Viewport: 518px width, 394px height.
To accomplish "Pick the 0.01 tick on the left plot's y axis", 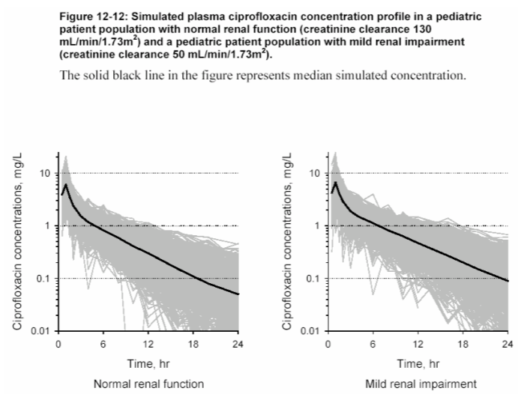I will click(40, 331).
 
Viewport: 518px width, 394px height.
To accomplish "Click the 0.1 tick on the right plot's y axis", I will click(312, 279).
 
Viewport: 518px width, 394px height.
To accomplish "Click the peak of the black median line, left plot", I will click(66, 184).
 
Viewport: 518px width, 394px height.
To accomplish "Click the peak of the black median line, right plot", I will click(336, 183).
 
